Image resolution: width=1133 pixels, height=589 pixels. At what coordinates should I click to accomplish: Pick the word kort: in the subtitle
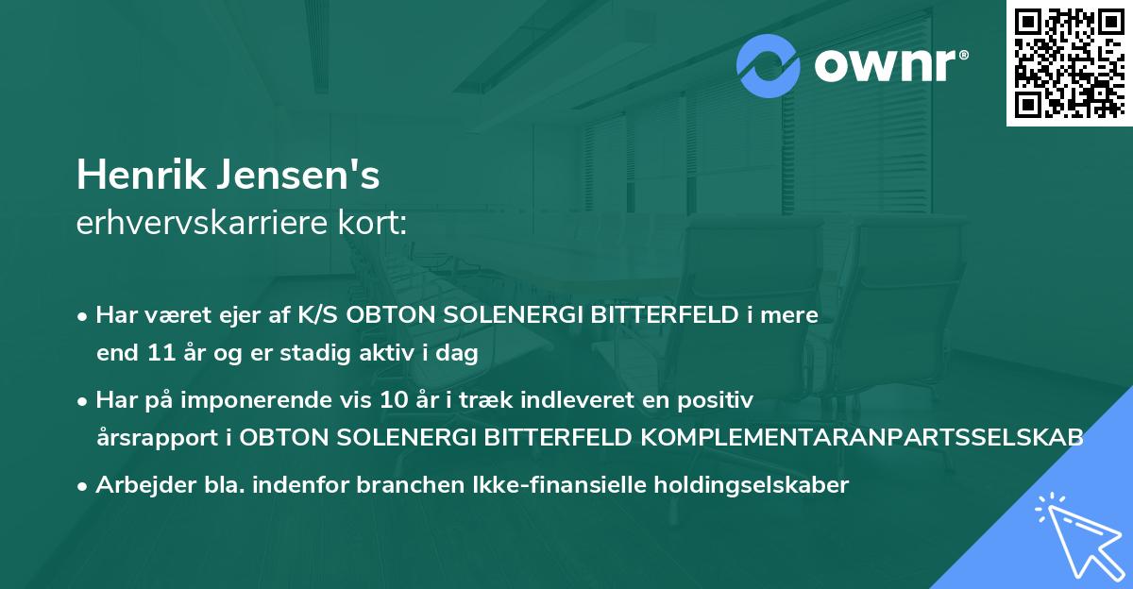click(x=375, y=224)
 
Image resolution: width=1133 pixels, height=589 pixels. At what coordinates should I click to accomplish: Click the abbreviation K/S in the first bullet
click(x=318, y=315)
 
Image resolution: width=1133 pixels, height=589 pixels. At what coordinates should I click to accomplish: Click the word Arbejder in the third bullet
click(x=138, y=485)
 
